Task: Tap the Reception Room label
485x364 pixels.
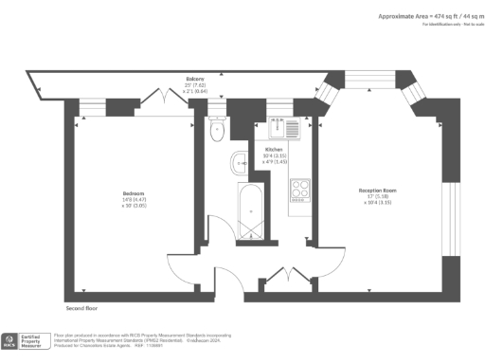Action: [376, 190]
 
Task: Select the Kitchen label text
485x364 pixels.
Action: [274, 149]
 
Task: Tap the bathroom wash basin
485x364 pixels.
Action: [238, 162]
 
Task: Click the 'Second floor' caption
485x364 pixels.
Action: [82, 308]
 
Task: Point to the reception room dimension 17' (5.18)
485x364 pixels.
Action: [376, 195]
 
